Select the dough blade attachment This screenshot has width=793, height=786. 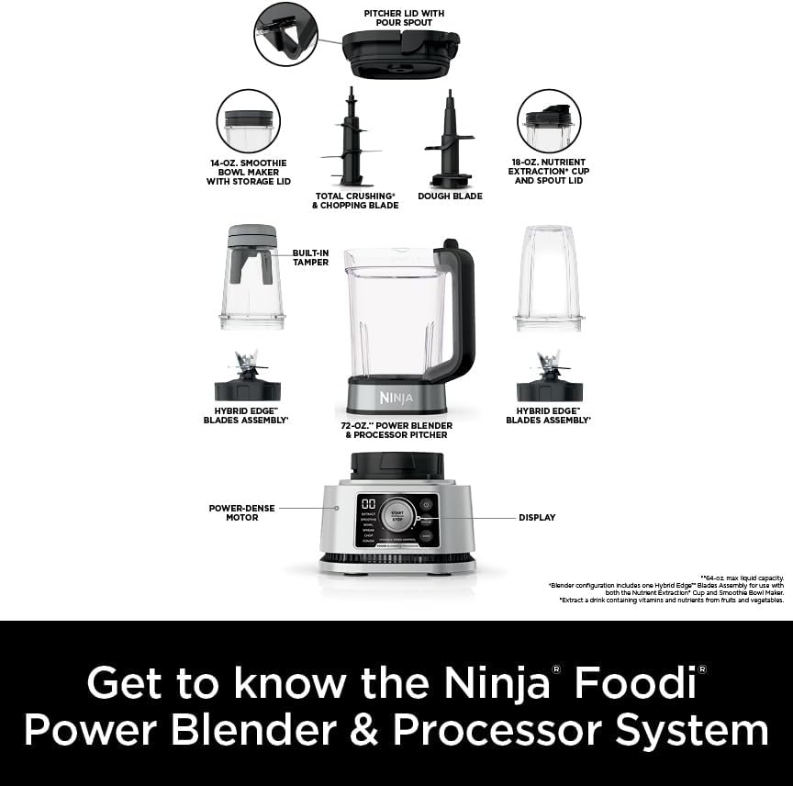point(449,138)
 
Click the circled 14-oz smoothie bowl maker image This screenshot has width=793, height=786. point(249,120)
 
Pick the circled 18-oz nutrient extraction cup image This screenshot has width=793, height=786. point(549,120)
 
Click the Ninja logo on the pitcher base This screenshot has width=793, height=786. point(396,398)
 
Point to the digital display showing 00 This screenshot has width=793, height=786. point(367,505)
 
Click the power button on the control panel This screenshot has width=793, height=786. point(427,505)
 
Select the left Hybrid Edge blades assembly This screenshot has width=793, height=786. point(247,378)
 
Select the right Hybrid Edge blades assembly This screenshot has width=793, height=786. point(549,378)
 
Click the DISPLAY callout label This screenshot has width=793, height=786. point(537,517)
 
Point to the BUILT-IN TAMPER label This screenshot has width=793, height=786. point(310,257)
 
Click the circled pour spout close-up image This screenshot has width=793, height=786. point(285,34)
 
